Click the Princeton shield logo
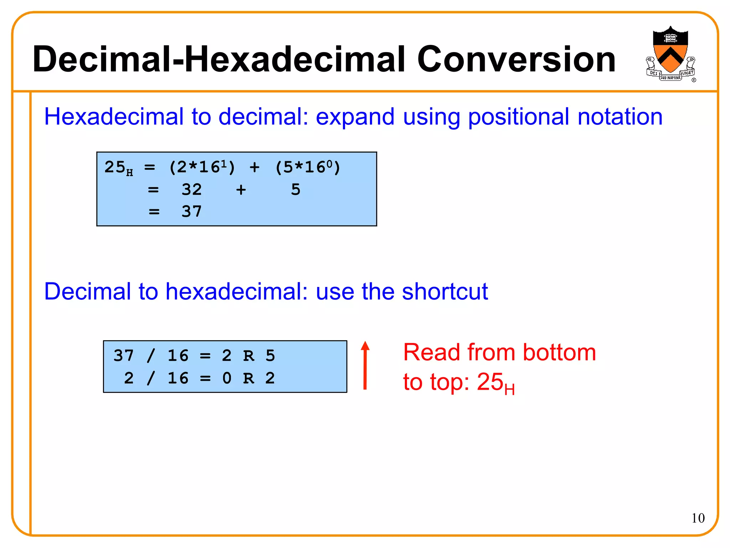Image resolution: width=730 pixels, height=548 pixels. (670, 53)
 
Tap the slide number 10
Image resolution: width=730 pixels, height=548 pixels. (698, 518)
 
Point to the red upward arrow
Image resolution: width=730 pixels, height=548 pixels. (365, 365)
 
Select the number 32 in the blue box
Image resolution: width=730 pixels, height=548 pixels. (192, 190)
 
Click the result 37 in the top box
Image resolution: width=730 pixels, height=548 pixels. (192, 212)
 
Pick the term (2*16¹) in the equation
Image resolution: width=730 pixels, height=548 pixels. (202, 167)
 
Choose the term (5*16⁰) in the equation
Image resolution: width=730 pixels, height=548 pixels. (308, 167)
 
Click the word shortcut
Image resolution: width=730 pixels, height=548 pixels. (445, 292)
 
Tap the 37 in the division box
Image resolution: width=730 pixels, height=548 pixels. (124, 356)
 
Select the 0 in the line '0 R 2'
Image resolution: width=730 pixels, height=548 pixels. (227, 378)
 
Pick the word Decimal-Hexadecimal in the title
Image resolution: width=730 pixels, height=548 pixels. (219, 60)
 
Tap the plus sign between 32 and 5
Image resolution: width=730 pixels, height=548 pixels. (241, 190)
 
